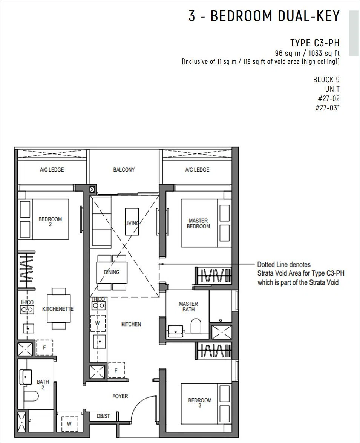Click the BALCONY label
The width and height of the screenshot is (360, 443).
tap(124, 170)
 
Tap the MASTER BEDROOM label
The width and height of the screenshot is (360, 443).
tap(198, 224)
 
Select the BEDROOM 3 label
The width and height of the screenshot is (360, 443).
tap(200, 403)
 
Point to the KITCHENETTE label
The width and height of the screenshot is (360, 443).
tap(58, 309)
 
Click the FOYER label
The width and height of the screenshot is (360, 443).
tap(120, 396)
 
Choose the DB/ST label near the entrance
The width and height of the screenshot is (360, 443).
tap(103, 416)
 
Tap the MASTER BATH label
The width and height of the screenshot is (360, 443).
tap(188, 307)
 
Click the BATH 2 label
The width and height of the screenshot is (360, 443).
tap(43, 385)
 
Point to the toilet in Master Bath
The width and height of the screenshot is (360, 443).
tap(196, 326)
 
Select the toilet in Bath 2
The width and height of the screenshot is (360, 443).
tap(31, 396)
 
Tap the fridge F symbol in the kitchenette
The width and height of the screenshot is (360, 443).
tap(44, 348)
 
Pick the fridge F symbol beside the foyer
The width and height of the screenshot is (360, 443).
tap(116, 370)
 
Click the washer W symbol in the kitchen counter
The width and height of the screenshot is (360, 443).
tap(98, 323)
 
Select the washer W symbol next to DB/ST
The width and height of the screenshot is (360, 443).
tap(69, 423)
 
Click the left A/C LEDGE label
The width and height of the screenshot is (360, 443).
tap(52, 170)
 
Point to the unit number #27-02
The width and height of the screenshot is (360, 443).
tap(329, 98)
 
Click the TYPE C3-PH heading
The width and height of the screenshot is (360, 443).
tap(315, 43)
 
